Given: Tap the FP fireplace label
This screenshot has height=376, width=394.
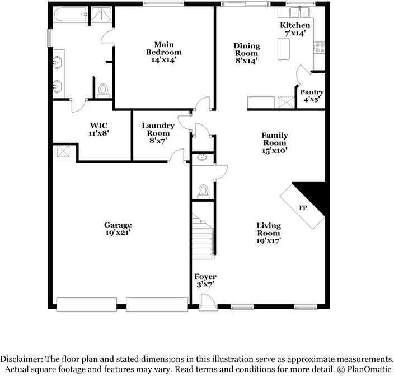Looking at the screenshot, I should pos(303,208).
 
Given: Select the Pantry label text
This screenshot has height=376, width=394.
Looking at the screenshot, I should pos(312,92).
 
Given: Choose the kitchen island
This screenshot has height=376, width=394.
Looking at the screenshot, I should pos(284,50).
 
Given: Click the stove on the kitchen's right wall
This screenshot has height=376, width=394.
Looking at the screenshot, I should pos(320,48).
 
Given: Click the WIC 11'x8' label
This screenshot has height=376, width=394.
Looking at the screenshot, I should pos(98,129).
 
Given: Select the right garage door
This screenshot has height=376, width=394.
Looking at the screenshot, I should pos(157,303).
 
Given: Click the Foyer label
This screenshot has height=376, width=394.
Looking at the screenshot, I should pos(205,277).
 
